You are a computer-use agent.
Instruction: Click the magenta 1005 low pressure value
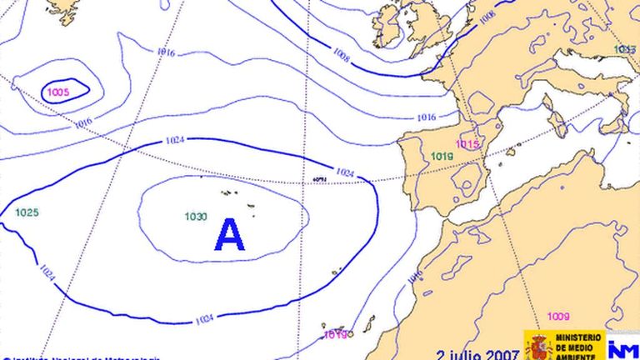click(x=58, y=92)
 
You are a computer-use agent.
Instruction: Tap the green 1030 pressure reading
click(x=196, y=217)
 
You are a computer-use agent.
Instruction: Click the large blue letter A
click(x=230, y=235)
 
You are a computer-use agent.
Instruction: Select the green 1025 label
click(x=27, y=212)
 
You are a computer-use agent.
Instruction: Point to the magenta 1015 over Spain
click(x=467, y=144)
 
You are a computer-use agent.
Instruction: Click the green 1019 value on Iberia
click(x=442, y=157)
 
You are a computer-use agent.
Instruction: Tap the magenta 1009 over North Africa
click(x=558, y=316)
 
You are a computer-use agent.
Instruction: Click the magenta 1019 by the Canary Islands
click(x=335, y=335)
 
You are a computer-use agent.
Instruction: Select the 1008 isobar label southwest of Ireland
click(x=341, y=57)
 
